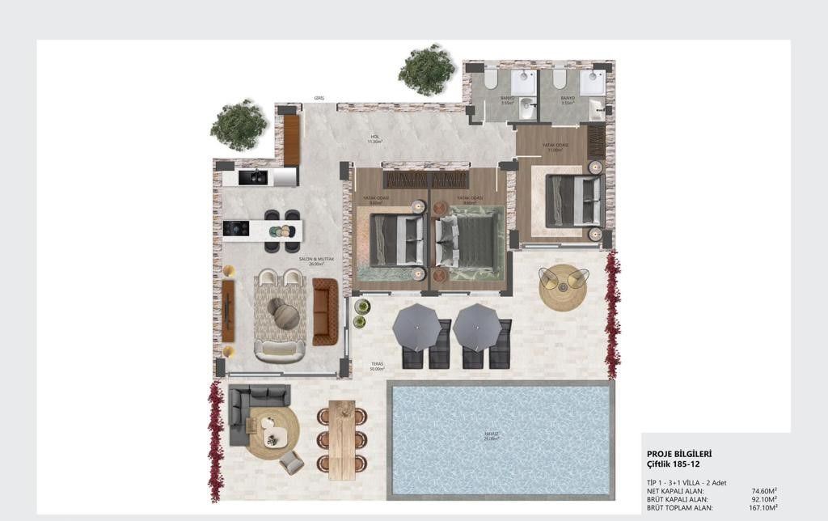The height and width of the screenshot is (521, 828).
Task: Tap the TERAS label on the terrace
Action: coord(377,364)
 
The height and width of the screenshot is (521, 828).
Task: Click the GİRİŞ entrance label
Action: coord(319,99)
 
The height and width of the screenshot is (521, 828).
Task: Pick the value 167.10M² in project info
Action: coord(763,507)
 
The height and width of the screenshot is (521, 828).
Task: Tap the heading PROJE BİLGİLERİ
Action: coord(679,454)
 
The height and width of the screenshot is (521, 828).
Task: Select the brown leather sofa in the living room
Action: coord(325,311)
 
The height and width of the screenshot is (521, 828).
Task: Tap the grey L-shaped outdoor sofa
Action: coord(251,409)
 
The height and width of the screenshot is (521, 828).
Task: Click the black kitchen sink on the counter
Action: coord(256,176)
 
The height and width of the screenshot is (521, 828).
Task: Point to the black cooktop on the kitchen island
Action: coord(236,229)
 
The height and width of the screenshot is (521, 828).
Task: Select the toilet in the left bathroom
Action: coord(490,78)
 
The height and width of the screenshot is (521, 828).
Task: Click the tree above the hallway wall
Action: coord(427,70)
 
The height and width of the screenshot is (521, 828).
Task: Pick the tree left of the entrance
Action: coord(239,125)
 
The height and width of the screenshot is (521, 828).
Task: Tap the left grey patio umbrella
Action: coord(416,327)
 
